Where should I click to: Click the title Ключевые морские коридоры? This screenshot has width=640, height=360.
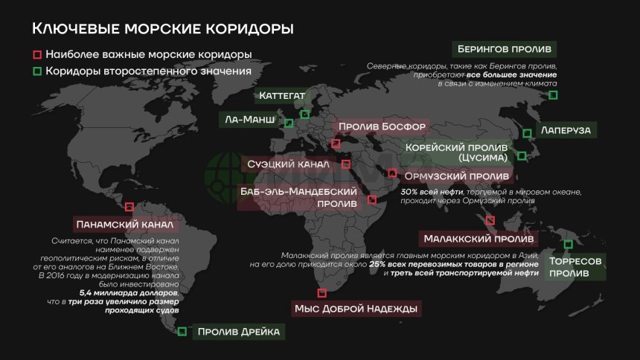coord(162,29)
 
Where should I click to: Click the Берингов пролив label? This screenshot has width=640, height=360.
coord(504,50)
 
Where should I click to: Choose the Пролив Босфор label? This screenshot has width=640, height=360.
coord(382,127)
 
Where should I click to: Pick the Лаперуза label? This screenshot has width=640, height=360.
coord(566,130)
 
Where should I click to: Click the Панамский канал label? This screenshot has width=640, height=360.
coord(124,224)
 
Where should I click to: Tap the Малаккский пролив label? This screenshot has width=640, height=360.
coord(478,240)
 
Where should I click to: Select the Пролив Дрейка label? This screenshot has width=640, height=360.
coord(238,332)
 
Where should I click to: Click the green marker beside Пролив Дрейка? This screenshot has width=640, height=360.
coord(182,332)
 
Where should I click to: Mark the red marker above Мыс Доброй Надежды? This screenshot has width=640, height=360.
coord(321,293)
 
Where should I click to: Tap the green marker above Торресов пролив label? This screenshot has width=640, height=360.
coord(569,244)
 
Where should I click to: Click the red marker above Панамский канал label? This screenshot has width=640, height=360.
coord(129,208)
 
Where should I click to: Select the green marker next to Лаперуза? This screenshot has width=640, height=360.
coord(526,133)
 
